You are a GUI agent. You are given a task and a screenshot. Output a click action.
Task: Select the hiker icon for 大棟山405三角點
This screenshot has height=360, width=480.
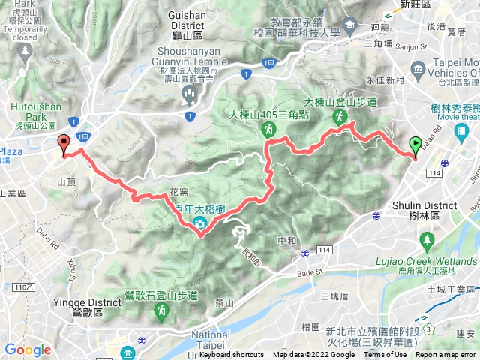tap(268, 130)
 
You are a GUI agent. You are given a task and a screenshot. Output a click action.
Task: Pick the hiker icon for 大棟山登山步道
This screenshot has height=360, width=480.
tap(340, 116)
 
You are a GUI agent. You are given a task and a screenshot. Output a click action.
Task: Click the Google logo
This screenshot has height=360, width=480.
tap(28, 349)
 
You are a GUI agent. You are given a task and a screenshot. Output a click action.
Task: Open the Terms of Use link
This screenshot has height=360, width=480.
tap(385, 355)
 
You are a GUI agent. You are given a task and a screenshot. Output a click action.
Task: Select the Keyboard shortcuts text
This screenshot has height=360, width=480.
tap(232, 355)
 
